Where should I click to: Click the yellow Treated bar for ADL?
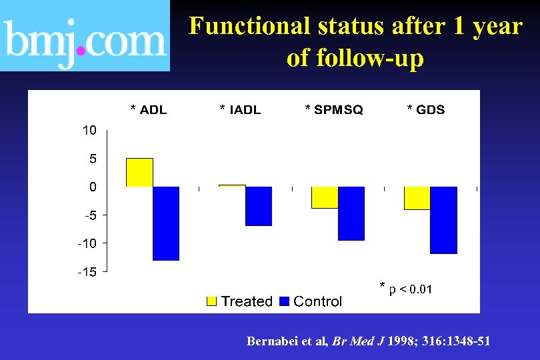coord(139,173)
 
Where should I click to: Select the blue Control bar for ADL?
coord(166,223)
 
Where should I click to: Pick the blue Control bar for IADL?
coord(259,206)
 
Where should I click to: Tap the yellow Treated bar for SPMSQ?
coord(325,197)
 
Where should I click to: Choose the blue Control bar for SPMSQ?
coord(351,213)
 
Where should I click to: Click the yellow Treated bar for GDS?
coord(417,198)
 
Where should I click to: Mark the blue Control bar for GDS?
coord(444,220)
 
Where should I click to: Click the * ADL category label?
coord(148,110)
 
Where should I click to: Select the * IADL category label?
coord(240,110)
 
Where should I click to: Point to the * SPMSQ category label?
coord(334,110)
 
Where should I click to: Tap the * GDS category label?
coord(425,110)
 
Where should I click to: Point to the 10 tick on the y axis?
coord(89,131)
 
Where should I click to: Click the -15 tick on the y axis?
coord(87,272)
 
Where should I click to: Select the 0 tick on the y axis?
coord(93,187)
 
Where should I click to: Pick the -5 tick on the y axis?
coord(89,215)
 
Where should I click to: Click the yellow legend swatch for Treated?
coord(212,301)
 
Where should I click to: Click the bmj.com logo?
coord(85,36)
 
